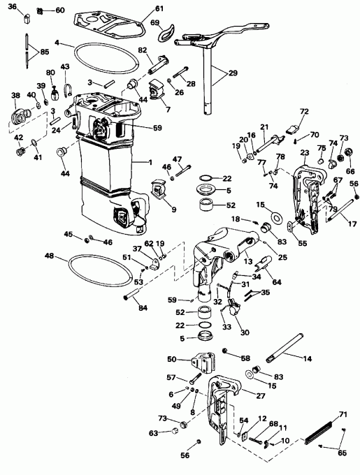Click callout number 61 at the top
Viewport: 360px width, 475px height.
pos(159,8)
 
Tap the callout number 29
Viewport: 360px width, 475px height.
pos(233,72)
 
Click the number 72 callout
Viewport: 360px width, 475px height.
pos(304,112)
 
